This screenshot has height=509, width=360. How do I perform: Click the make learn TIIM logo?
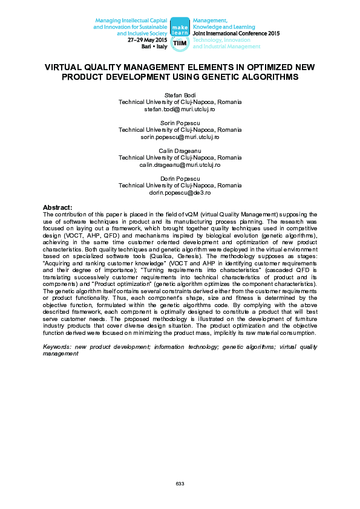tap(180, 34)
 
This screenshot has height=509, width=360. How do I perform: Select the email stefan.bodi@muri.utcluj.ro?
tap(180, 109)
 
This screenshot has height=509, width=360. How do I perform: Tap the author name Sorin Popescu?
tap(180, 123)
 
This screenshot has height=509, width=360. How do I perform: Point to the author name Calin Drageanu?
tap(180, 151)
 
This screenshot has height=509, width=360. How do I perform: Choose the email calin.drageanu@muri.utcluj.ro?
tap(180, 164)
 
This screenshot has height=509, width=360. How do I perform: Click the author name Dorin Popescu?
tap(180, 179)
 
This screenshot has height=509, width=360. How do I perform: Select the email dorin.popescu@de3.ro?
tap(180, 192)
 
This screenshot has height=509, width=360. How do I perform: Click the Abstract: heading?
tap(57, 207)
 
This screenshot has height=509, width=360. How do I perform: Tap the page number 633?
tap(180, 484)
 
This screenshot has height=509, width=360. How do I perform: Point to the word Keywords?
tap(56, 346)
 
